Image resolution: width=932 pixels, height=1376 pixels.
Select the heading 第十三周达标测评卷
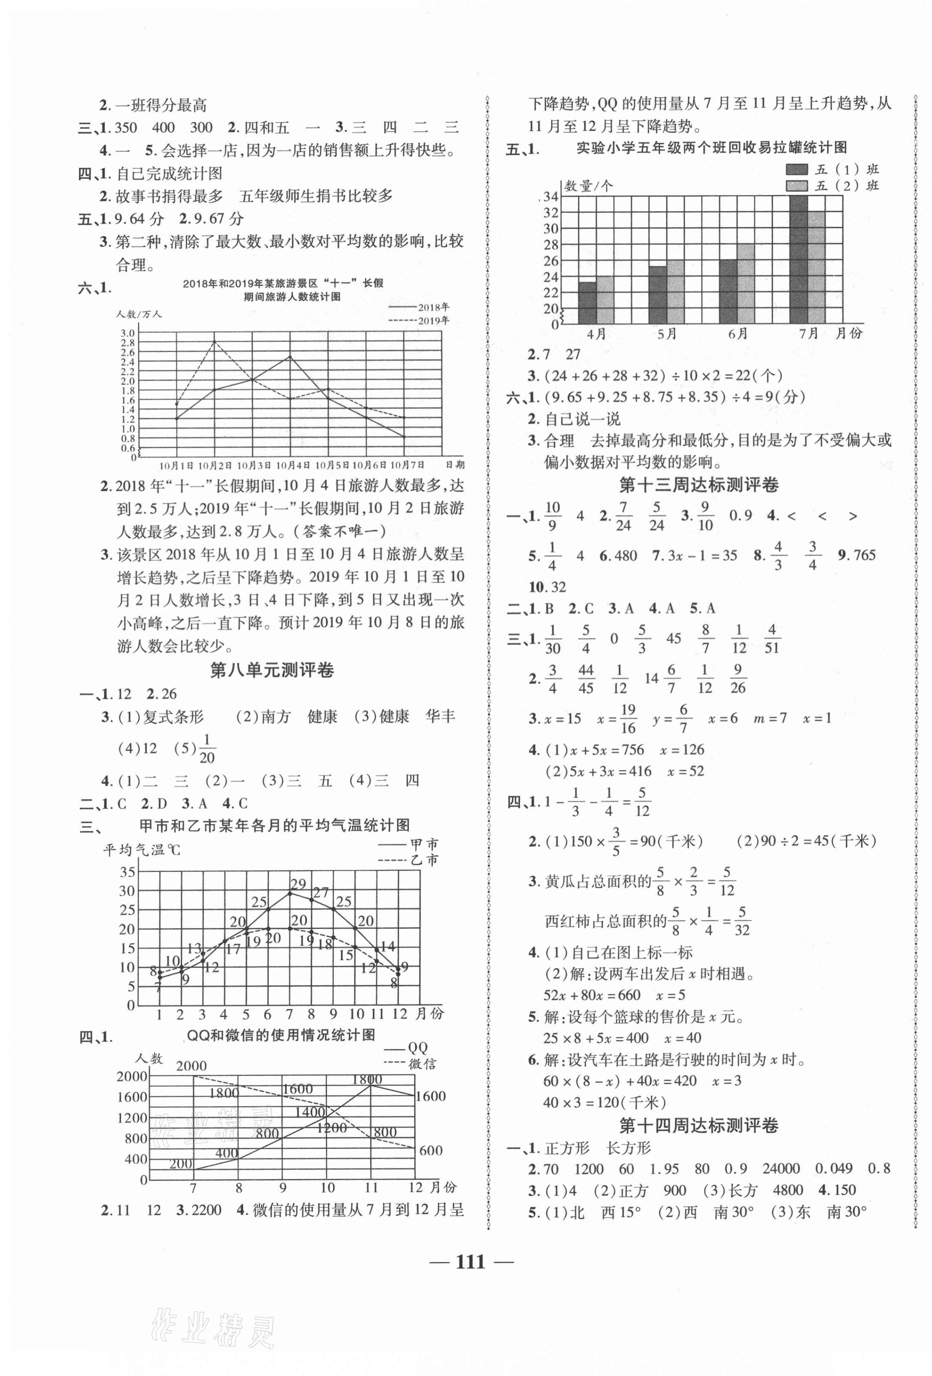[x=698, y=485]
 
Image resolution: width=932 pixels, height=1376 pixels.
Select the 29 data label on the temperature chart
[x=298, y=884]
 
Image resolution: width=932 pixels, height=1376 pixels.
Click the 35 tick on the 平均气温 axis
[x=127, y=872]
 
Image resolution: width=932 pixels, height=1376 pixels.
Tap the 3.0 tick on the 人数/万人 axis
[x=128, y=333]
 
